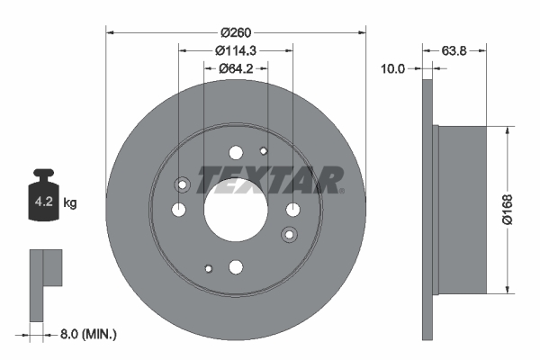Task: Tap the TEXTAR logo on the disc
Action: pos(270,180)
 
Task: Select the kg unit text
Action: pos(70,203)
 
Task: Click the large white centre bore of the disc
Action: pos(236,209)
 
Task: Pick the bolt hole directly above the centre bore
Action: pos(236,152)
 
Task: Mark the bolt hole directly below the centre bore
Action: pos(236,265)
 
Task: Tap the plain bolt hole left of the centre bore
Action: pos(178,209)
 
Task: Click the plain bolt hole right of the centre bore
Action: pos(292,209)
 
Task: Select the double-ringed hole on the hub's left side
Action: pos(183,185)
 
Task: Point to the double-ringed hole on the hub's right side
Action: pos(289,234)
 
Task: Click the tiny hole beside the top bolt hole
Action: pos(263,151)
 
